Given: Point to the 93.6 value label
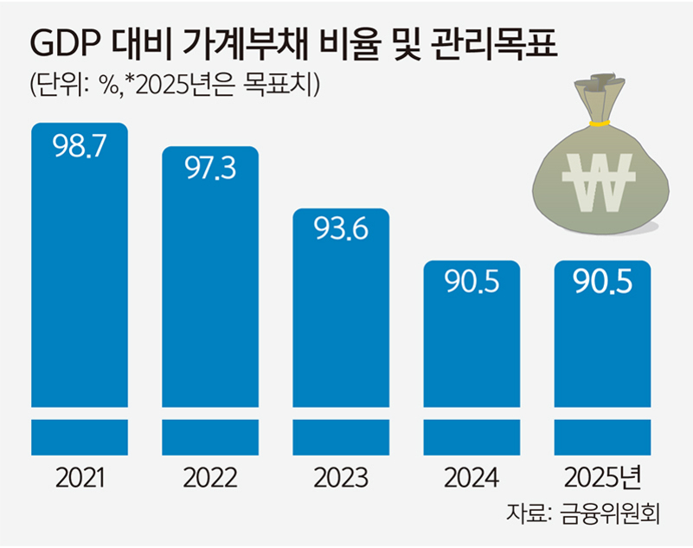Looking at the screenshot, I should pyautogui.click(x=340, y=231).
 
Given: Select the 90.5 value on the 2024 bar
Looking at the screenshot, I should pyautogui.click(x=472, y=283).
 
